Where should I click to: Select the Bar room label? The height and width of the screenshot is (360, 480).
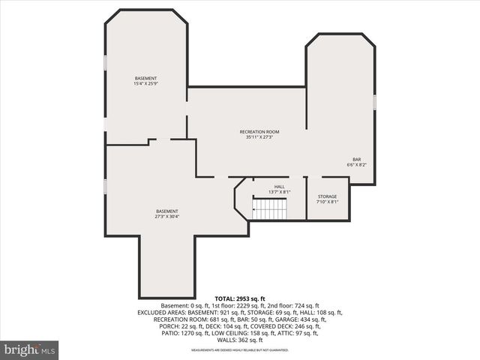[356, 159]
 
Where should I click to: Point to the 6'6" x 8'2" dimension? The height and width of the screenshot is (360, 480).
[356, 164]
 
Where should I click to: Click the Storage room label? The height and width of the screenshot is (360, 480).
[327, 196]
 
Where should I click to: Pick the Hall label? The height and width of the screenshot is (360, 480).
[279, 187]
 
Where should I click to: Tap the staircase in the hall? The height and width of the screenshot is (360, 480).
[268, 209]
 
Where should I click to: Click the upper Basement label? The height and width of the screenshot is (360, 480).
[145, 79]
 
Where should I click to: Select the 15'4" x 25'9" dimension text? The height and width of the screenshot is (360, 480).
[145, 84]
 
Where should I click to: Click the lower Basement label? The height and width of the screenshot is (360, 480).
[166, 211]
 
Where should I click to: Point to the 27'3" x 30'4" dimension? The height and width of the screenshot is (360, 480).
[166, 217]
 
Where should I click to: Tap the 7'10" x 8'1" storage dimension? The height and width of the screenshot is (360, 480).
[327, 202]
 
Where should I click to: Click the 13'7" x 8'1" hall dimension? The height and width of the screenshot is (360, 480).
[279, 192]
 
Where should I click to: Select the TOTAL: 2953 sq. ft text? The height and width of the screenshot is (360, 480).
[239, 298]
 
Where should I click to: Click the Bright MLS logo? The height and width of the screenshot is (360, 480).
[30, 349]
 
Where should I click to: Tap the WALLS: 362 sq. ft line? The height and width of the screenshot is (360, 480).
[239, 339]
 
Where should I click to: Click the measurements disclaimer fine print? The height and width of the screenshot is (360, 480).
[239, 350]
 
